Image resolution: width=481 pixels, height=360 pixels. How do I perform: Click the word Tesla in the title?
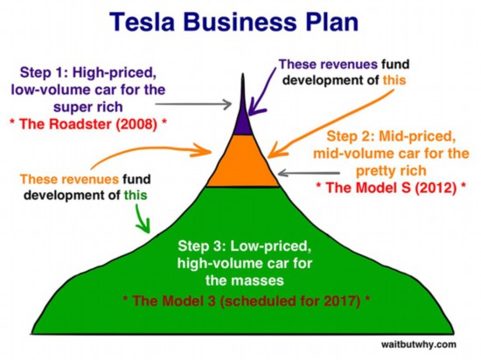point(142,22)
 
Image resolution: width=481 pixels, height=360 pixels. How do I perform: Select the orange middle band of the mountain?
point(242,161)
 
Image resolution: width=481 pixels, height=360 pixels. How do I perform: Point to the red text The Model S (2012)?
point(391,187)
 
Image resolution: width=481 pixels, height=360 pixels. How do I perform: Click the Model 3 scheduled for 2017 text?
point(247,301)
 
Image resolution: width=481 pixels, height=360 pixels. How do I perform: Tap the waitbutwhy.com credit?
point(418,344)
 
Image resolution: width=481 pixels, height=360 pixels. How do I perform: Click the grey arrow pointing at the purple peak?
point(193,104)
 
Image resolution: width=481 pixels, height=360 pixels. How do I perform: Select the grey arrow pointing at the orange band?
point(309,173)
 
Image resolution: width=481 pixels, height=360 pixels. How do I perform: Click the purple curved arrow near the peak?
point(261,91)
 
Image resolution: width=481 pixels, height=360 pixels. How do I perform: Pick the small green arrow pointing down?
point(143,218)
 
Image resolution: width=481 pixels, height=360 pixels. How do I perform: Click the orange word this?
point(394,80)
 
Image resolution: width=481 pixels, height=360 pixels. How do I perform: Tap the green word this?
point(136,195)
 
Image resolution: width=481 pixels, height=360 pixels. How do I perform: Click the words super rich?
point(88,107)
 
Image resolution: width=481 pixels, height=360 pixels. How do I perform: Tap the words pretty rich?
point(391,170)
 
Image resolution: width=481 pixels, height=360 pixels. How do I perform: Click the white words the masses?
point(245,280)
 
